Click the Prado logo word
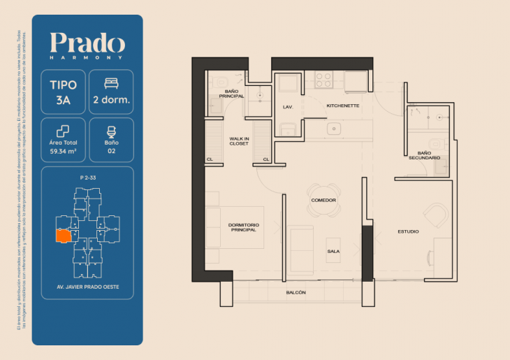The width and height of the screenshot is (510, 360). pos(87,43)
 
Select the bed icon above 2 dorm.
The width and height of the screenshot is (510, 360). pos(111,83)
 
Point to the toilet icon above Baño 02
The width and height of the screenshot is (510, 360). pos(111,131)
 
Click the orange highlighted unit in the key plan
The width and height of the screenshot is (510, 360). pos(64,236)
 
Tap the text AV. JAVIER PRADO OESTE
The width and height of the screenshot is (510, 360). pos(87,287)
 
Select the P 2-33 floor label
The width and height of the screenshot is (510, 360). pos(87,179)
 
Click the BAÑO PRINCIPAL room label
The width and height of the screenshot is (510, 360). pos(231,93)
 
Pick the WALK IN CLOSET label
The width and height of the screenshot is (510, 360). pos(240,141)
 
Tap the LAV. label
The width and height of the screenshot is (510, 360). pos(287,107)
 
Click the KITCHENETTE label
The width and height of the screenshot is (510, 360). pos(342,106)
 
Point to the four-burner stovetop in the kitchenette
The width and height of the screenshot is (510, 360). pos(323,80)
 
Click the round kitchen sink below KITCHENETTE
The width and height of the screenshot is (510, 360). pos(335,129)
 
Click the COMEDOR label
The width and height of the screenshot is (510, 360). pos(323,200)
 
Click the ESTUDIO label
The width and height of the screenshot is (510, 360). pos(409,231)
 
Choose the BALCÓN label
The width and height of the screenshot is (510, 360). pos(296,292)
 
